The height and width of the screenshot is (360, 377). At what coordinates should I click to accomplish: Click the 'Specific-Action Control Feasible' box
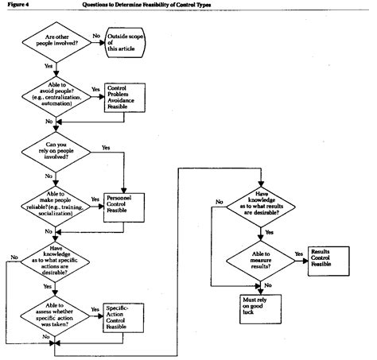click(125, 314)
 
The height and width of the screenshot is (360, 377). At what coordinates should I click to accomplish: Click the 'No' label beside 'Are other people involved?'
click(95, 36)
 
